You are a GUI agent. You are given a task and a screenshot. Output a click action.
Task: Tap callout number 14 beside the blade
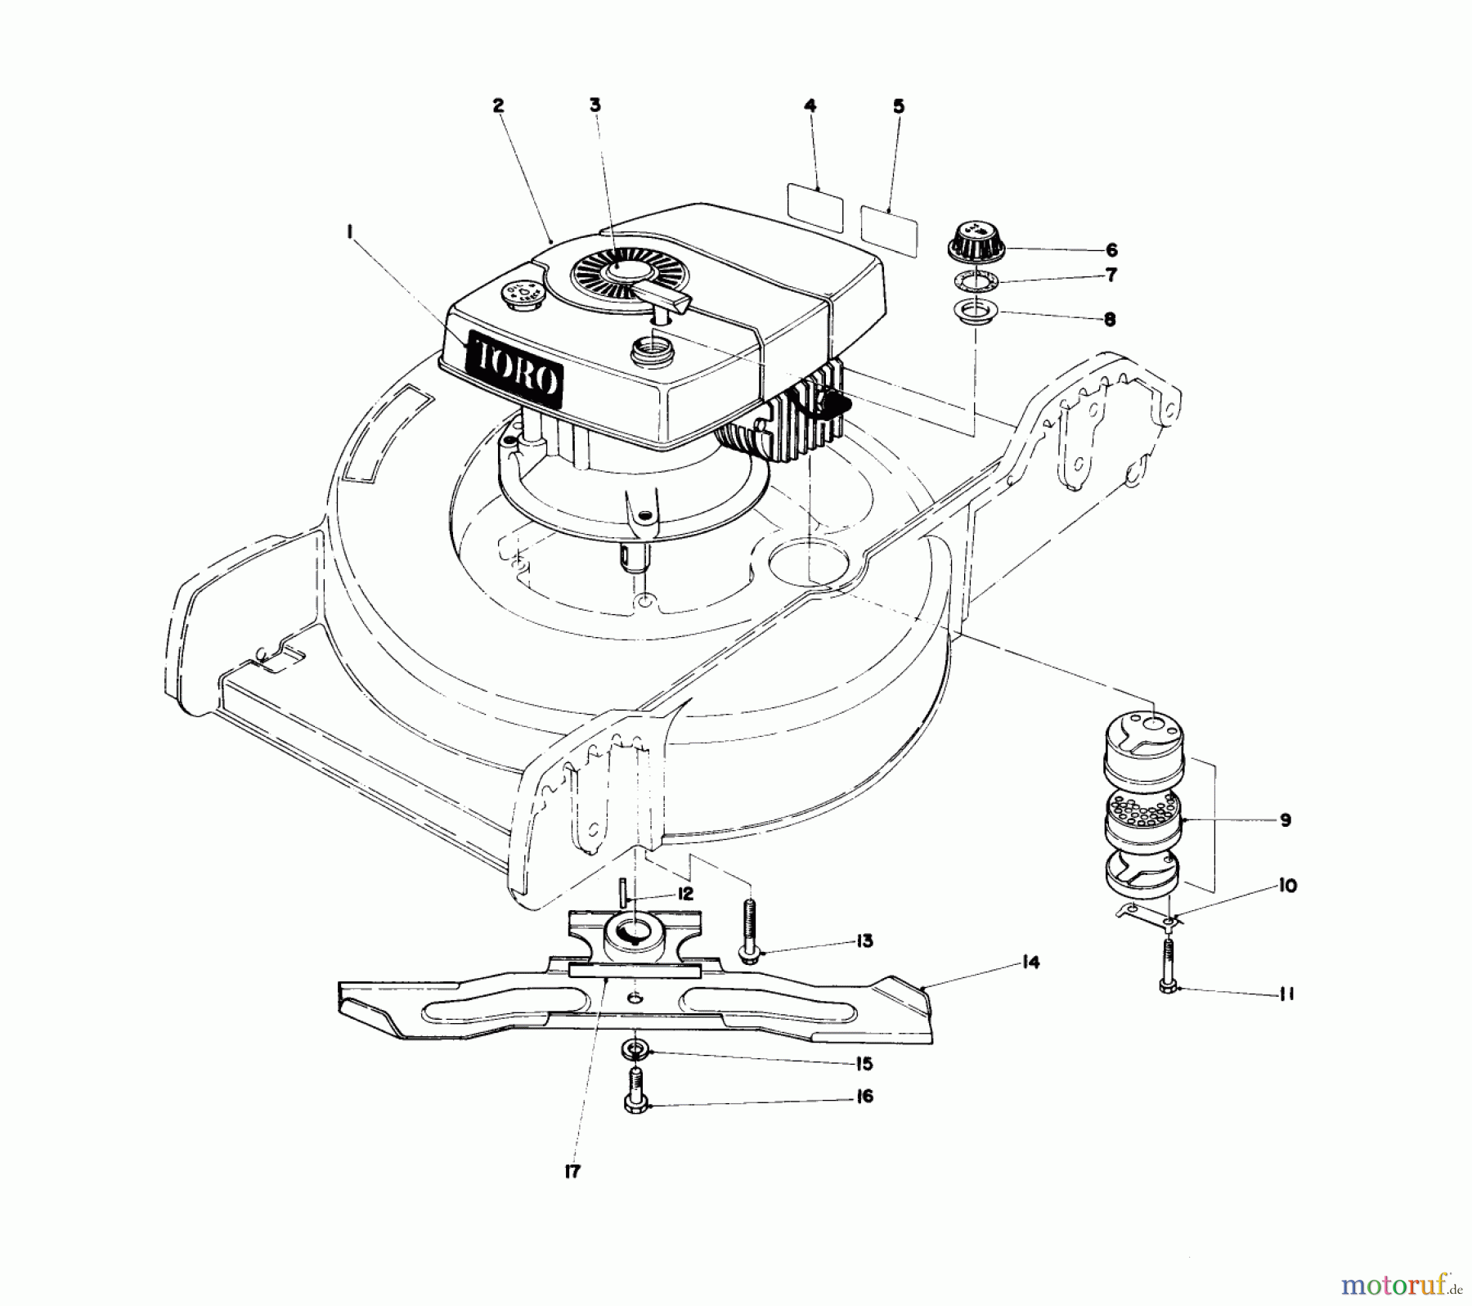coord(1030,963)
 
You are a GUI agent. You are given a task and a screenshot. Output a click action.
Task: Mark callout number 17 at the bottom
coord(572,1171)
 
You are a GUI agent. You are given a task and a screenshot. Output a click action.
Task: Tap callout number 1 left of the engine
coord(349,232)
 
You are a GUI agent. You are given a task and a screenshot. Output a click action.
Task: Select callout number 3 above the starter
coord(595,105)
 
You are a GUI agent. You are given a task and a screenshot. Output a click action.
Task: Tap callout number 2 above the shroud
coord(497,105)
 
